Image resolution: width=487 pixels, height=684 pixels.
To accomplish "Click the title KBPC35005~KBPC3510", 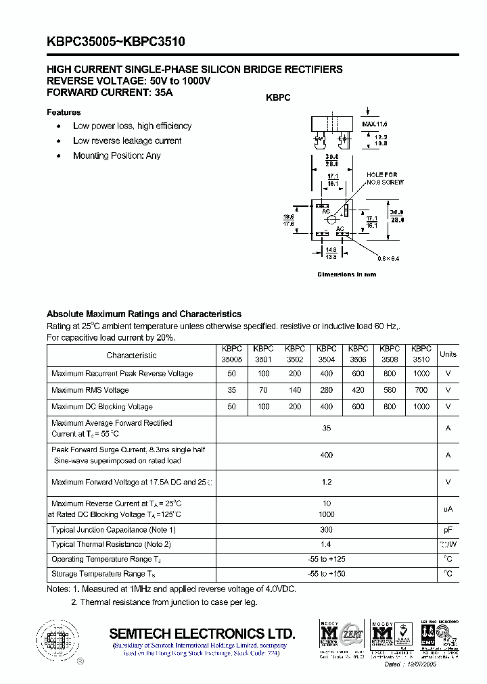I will [x=116, y=42].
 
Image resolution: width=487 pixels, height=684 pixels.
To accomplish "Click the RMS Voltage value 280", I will [x=326, y=390].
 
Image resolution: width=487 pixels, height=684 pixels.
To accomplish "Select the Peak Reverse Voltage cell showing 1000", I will [x=421, y=374].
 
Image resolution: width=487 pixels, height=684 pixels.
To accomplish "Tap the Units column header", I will [x=448, y=354].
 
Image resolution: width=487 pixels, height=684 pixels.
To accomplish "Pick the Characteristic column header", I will [x=131, y=355].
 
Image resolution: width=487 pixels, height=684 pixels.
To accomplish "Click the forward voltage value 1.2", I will [x=327, y=482].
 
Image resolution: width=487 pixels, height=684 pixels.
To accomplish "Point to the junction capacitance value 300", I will [x=327, y=530].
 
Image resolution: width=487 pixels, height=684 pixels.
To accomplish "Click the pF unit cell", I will [x=448, y=530].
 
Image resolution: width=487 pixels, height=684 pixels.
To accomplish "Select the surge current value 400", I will [x=327, y=455].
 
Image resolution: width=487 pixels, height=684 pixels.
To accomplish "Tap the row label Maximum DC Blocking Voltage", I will [x=102, y=407].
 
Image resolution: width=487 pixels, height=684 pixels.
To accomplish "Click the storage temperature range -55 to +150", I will [x=327, y=574].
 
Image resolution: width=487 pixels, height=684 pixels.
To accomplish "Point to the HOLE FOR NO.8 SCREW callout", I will [x=385, y=178].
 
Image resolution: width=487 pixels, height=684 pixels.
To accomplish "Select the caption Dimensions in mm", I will [x=347, y=274].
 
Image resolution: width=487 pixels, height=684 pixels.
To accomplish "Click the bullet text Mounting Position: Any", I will [x=117, y=155].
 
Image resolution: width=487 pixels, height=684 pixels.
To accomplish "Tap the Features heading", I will [x=64, y=112].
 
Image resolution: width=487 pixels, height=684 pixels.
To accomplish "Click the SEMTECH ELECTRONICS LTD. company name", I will [x=202, y=633].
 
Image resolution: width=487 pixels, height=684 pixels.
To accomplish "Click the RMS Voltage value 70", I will [x=263, y=390].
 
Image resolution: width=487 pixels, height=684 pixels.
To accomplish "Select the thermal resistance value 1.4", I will [x=327, y=544].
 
